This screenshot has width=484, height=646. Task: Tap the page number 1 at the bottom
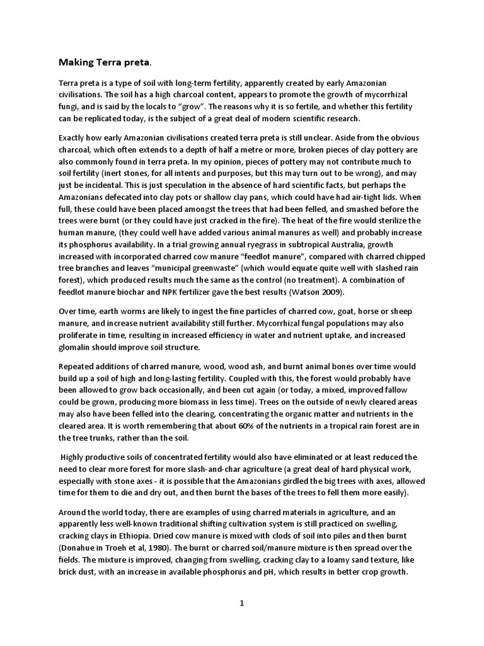click(241, 603)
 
